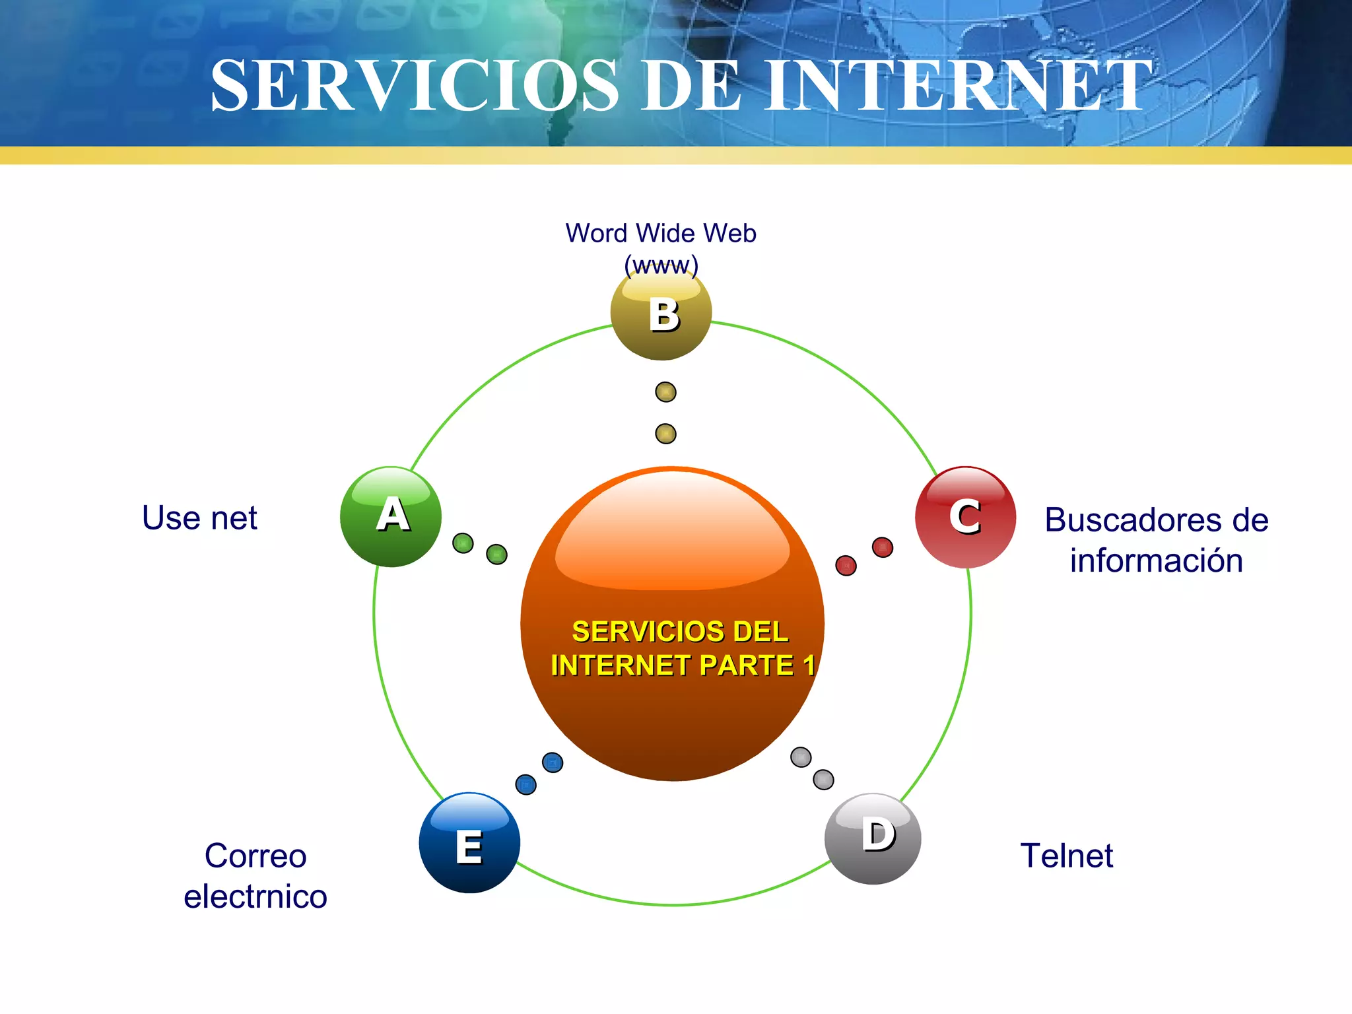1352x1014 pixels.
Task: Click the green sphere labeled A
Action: [391, 516]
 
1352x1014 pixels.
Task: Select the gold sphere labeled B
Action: [661, 313]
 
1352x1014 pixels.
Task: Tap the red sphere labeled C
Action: [965, 517]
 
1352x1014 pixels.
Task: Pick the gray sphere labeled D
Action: [873, 838]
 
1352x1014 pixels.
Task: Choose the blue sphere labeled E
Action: [469, 843]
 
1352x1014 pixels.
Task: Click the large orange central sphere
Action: [672, 623]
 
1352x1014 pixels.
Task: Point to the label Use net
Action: [199, 518]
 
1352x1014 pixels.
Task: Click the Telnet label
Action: [1066, 856]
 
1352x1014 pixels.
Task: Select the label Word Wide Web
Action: [661, 233]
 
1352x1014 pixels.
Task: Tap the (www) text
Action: [661, 265]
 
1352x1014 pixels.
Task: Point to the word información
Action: [1156, 560]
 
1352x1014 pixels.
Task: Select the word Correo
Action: [255, 856]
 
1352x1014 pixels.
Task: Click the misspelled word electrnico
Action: [255, 896]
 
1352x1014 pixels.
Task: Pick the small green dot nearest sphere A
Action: [463, 543]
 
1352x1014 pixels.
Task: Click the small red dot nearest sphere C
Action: [883, 547]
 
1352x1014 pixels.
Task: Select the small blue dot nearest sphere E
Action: [525, 784]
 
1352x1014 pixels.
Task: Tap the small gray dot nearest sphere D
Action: [823, 780]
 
